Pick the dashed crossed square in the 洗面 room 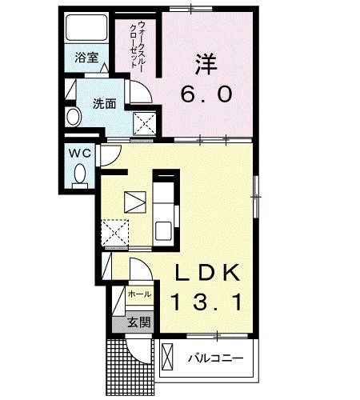pos(145,124)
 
